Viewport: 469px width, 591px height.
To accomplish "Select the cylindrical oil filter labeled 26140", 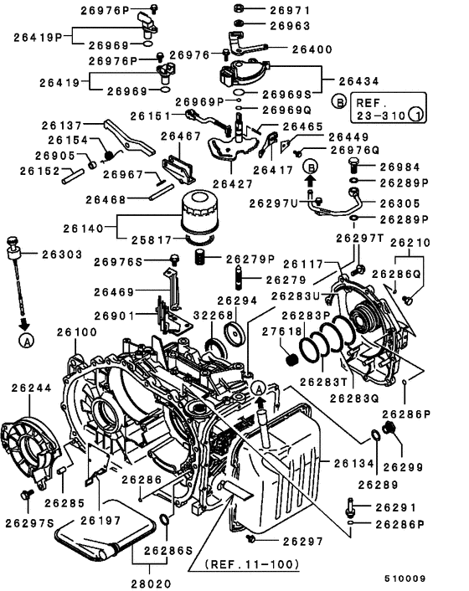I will point(204,214).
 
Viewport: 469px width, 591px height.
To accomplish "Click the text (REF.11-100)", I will point(251,564).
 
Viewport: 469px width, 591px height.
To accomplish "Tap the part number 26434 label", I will point(360,81).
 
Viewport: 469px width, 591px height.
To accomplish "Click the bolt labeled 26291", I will point(350,506).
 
